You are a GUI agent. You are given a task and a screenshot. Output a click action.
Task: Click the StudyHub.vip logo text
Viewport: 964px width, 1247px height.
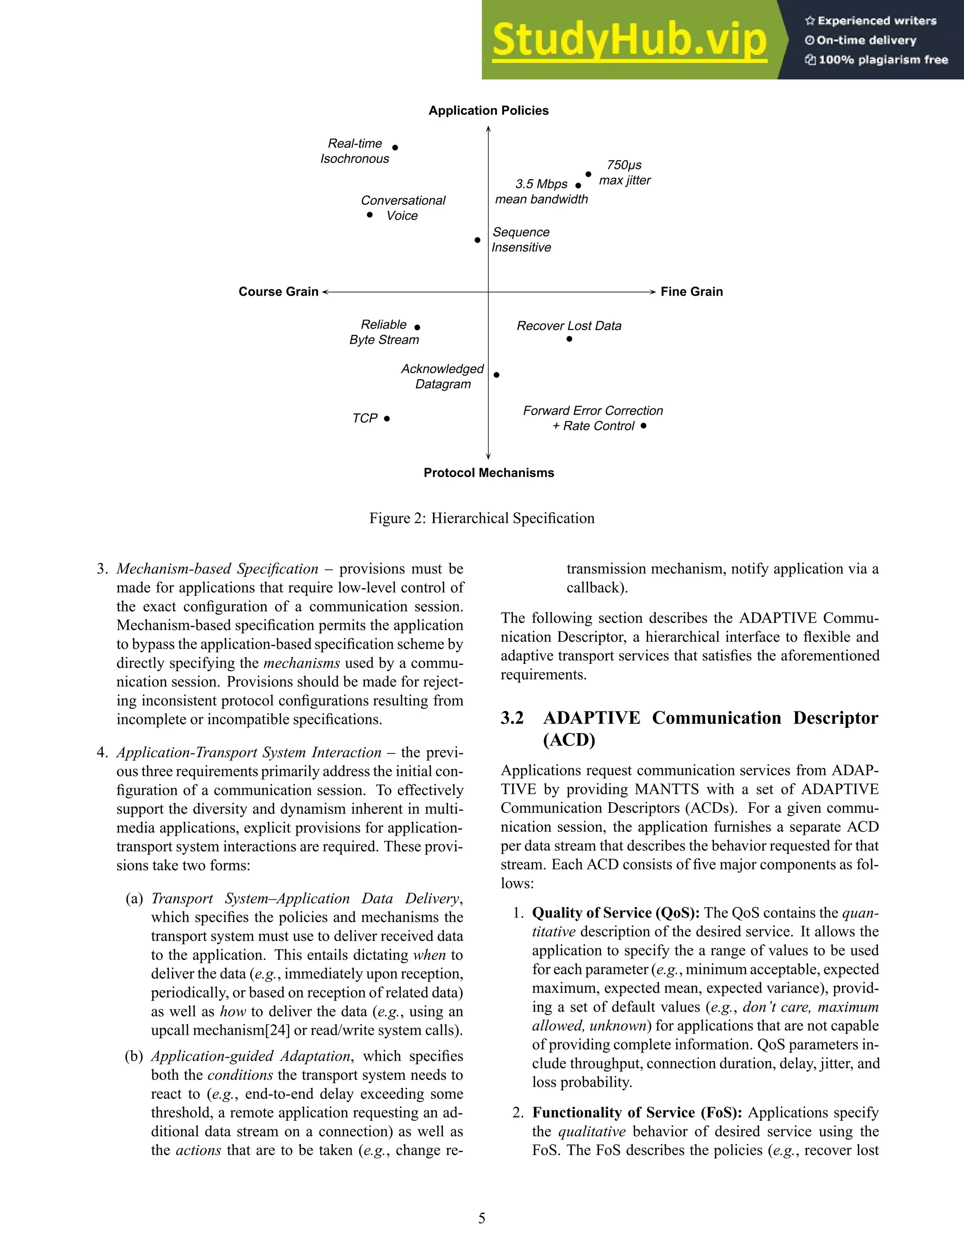pyautogui.click(x=629, y=40)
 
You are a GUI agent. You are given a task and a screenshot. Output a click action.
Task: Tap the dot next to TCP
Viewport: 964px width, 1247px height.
pyautogui.click(x=386, y=418)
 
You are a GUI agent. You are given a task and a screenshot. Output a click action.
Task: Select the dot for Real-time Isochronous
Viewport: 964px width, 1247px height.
pyautogui.click(x=395, y=147)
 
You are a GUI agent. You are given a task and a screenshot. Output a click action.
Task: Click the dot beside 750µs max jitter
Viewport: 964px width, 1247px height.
pyautogui.click(x=588, y=174)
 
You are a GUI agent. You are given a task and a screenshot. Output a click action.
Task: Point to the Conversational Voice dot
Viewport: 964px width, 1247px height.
pyautogui.click(x=370, y=215)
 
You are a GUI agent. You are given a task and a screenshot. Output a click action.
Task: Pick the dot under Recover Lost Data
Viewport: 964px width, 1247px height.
pyautogui.click(x=570, y=339)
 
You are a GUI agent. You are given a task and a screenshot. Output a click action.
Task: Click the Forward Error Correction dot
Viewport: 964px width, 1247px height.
pyautogui.click(x=643, y=425)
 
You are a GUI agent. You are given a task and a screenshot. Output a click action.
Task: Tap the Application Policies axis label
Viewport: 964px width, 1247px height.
pyautogui.click(x=488, y=111)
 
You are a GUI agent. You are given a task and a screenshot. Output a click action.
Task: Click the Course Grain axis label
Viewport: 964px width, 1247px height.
pyautogui.click(x=278, y=292)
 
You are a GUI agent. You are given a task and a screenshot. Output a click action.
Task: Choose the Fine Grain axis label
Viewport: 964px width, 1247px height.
pyautogui.click(x=691, y=292)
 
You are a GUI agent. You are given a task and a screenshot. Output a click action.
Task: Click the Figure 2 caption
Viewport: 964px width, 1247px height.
pyautogui.click(x=482, y=518)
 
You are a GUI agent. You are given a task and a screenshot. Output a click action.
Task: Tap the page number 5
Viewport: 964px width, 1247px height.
pyautogui.click(x=482, y=1218)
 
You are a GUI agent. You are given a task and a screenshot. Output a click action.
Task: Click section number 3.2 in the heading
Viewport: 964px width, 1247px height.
pyautogui.click(x=512, y=718)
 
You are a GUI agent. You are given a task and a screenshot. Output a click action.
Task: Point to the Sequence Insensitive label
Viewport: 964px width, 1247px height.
pyautogui.click(x=521, y=240)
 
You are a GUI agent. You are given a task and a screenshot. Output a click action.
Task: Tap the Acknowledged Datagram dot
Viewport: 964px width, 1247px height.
pyautogui.click(x=496, y=375)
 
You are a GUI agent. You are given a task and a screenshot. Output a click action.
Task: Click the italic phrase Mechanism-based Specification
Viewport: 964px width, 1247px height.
pyautogui.click(x=217, y=569)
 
